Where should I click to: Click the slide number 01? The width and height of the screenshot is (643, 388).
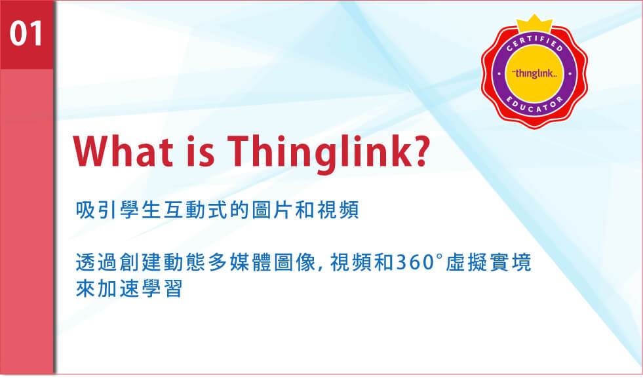[26, 33]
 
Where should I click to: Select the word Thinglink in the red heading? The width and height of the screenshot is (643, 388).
[316, 154]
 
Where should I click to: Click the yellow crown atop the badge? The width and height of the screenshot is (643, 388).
[534, 24]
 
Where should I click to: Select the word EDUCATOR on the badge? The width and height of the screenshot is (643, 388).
[534, 106]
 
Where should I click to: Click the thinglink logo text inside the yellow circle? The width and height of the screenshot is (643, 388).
[535, 74]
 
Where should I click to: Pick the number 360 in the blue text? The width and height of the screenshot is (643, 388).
[415, 263]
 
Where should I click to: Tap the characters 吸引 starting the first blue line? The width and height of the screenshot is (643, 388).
[96, 210]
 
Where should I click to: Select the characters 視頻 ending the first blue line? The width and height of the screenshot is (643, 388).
[338, 210]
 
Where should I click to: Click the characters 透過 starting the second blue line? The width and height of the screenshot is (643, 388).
[96, 263]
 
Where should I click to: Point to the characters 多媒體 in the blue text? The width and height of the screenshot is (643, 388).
[240, 263]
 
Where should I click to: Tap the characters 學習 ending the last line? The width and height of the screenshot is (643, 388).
[162, 289]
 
